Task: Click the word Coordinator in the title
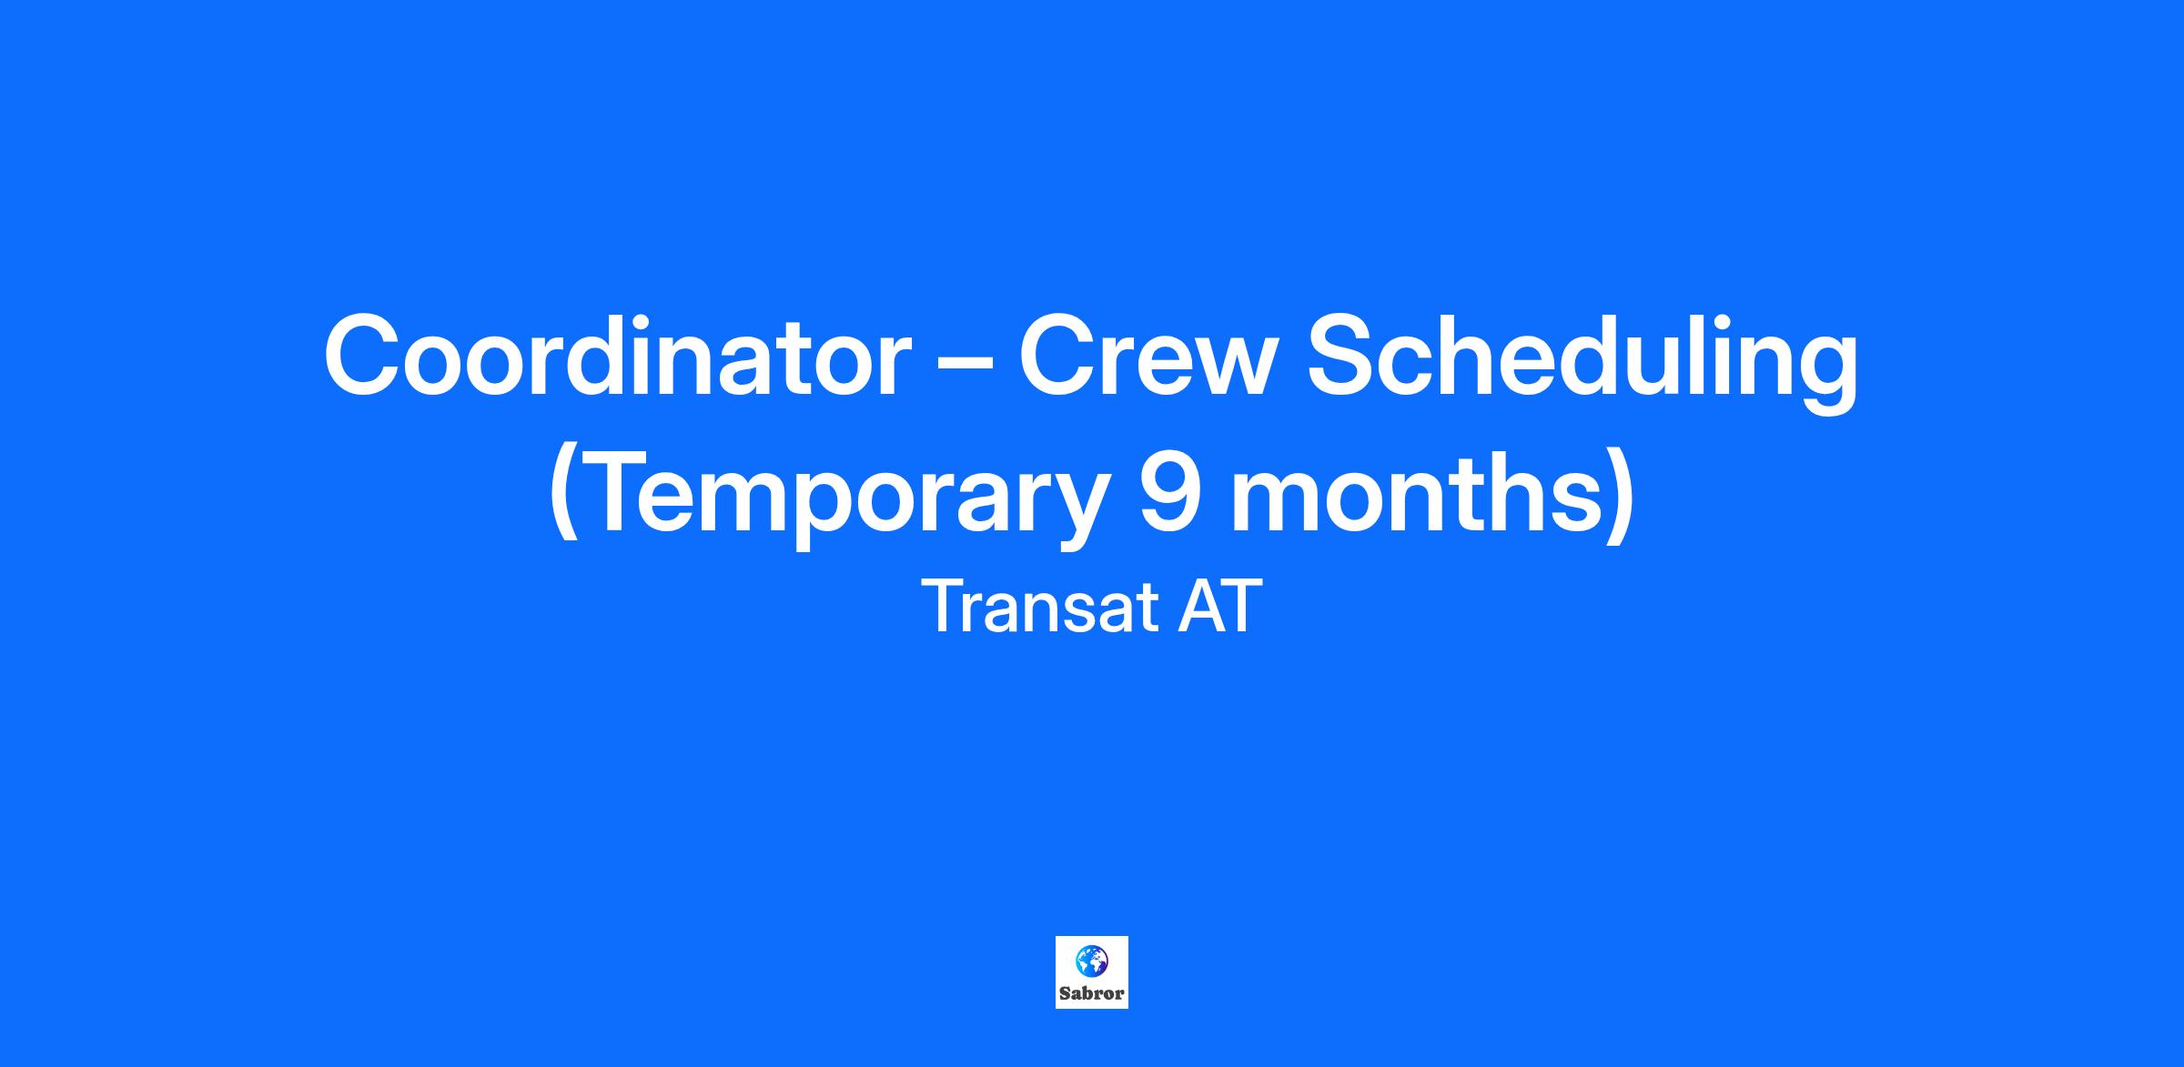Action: (618, 356)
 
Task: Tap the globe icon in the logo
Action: (1091, 961)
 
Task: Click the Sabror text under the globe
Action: (1092, 993)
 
